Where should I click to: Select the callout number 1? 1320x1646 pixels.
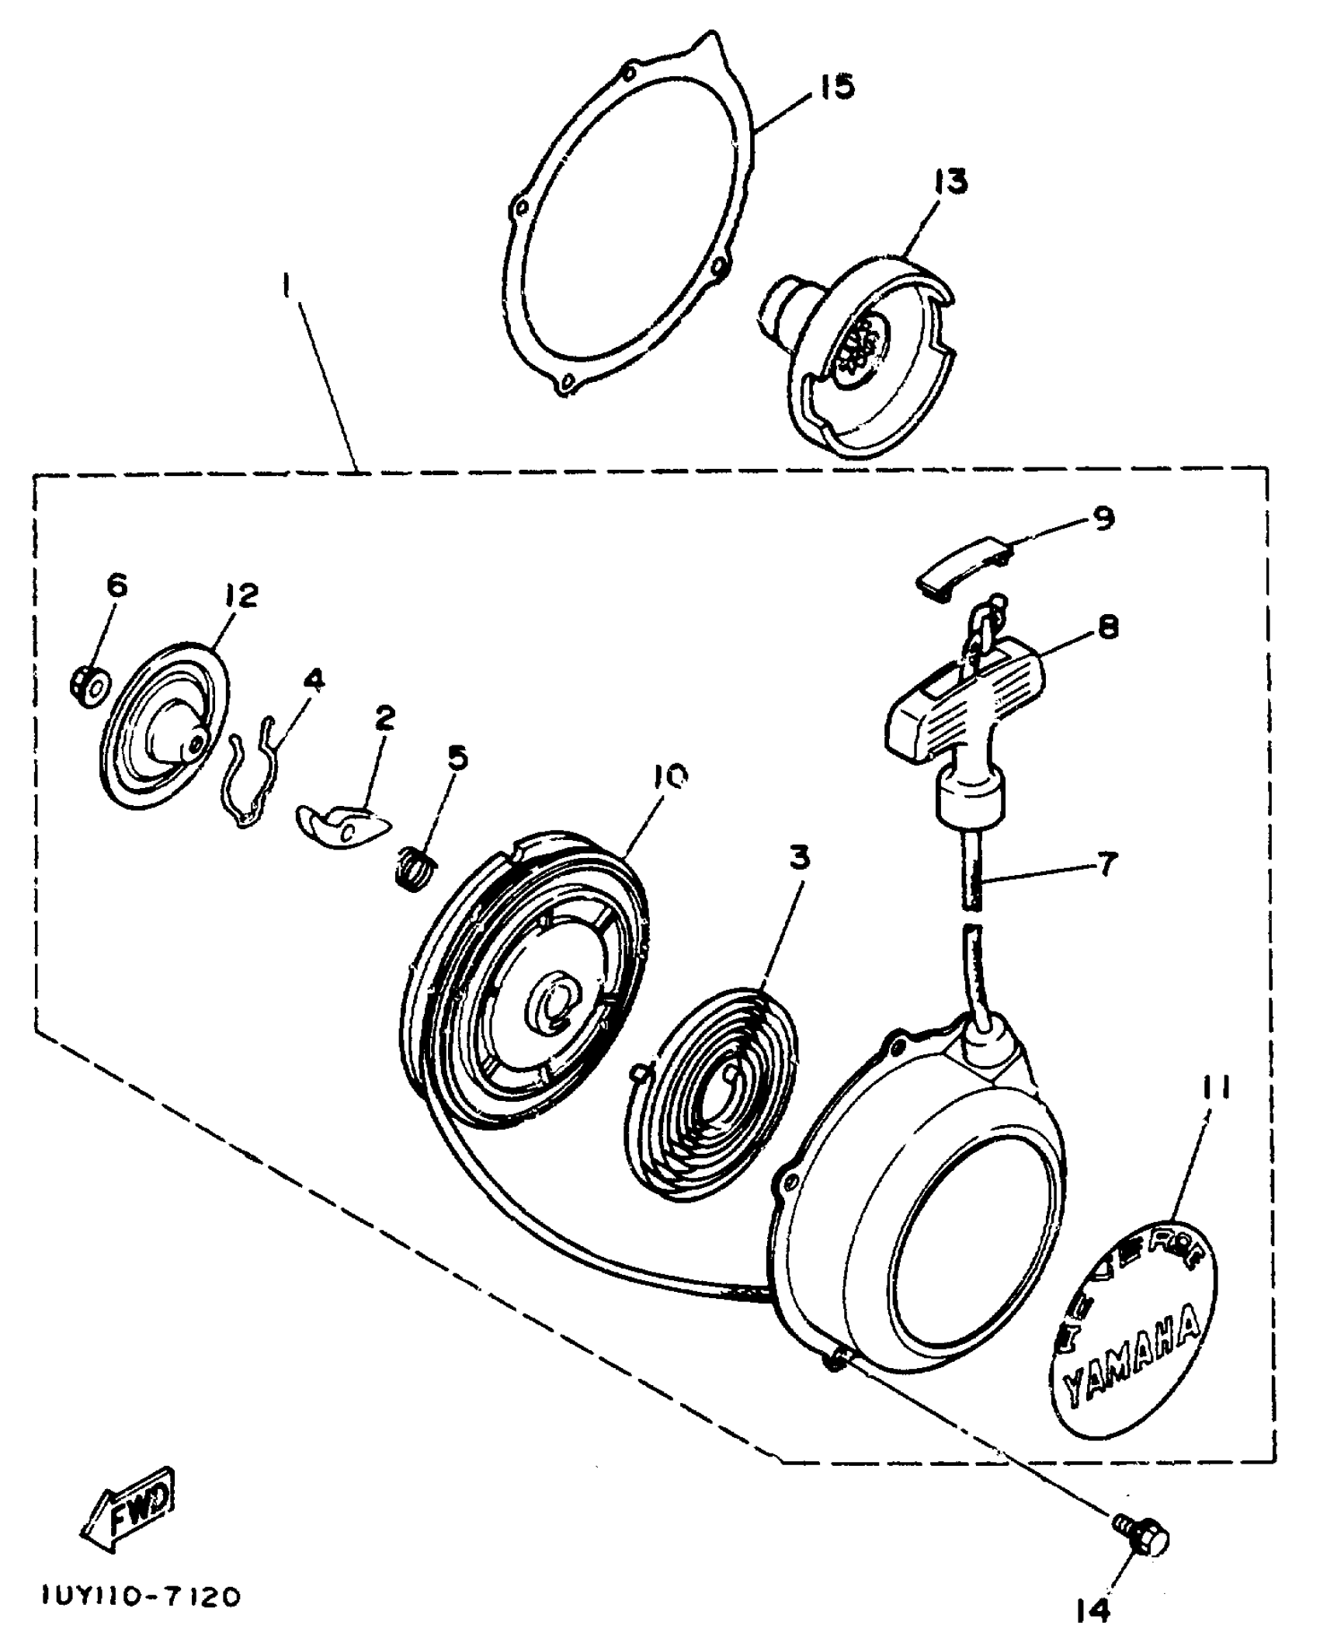287,289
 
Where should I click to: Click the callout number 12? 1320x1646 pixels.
242,596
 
